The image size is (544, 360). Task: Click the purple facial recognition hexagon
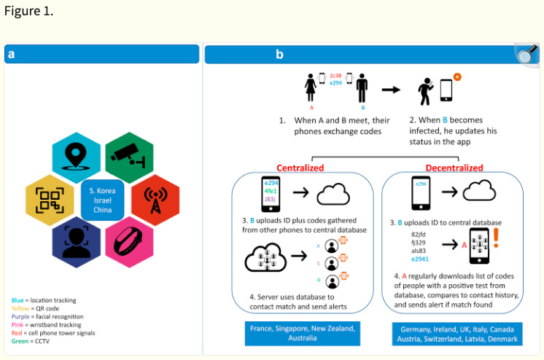[x=77, y=240]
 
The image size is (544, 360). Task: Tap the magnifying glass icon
[x=526, y=53]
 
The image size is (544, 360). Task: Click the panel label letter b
[x=279, y=54]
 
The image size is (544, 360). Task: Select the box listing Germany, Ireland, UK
[x=456, y=334]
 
